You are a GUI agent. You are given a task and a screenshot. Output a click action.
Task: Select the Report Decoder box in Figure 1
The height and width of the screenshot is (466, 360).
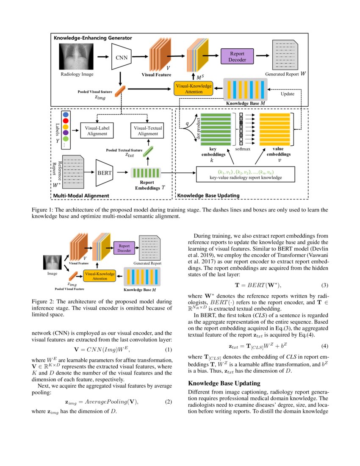pyautogui.click(x=237, y=56)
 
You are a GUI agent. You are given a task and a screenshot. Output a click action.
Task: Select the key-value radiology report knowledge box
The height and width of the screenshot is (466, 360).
pyautogui.click(x=245, y=175)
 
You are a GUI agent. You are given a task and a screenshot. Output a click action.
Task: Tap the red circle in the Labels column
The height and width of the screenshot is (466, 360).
pyautogui.click(x=65, y=120)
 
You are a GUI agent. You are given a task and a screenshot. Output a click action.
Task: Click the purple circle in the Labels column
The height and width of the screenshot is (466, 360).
pyautogui.click(x=65, y=132)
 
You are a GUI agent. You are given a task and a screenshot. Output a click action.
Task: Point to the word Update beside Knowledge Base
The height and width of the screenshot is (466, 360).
pyautogui.click(x=288, y=94)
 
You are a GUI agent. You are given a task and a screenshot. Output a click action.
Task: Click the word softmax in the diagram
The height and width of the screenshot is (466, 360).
pyautogui.click(x=243, y=149)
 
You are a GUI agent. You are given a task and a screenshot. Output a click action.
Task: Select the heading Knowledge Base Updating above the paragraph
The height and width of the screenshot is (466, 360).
pyautogui.click(x=224, y=383)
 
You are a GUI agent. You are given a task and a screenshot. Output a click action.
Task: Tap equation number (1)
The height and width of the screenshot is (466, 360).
pyautogui.click(x=168, y=349)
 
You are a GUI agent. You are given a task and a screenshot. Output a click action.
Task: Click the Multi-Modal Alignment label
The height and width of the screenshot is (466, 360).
pyautogui.click(x=81, y=195)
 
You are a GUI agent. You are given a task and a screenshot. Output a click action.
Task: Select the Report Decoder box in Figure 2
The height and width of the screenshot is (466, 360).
pyautogui.click(x=124, y=248)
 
